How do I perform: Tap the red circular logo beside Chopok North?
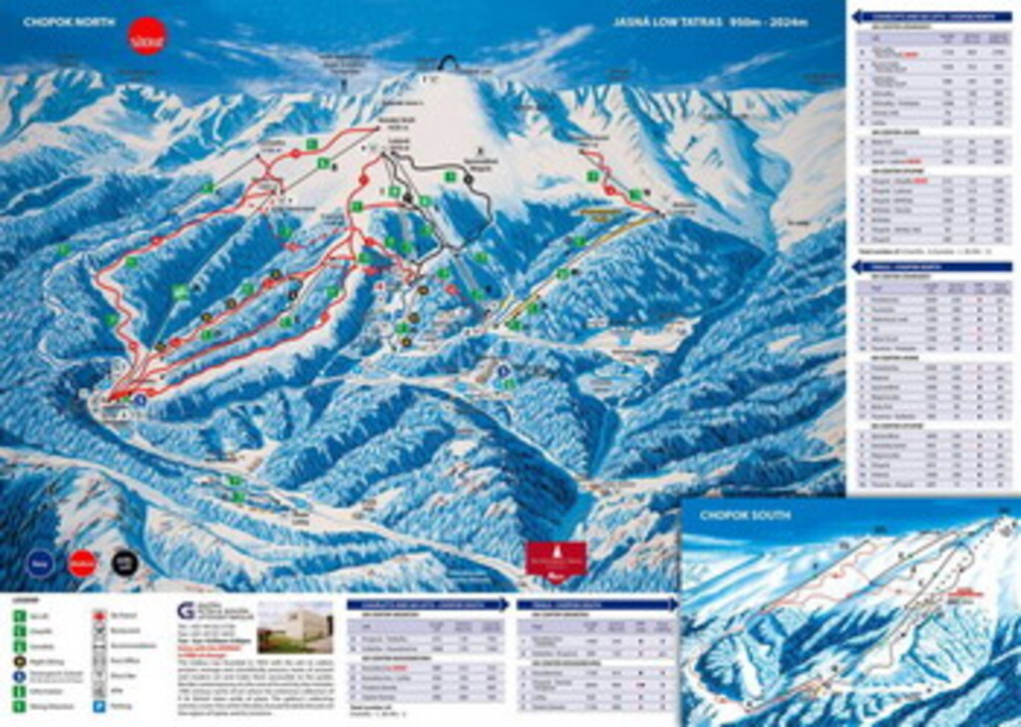148,35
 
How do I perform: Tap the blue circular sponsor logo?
39,562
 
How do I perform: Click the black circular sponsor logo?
125,562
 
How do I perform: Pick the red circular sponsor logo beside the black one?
82,562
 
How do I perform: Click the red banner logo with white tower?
556,558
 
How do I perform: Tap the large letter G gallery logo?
184,610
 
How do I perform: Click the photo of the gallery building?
295,626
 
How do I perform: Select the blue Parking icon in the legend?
99,706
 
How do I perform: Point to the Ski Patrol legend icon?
99,615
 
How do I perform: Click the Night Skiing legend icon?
19,660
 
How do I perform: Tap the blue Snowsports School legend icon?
19,675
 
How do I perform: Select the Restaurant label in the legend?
126,630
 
